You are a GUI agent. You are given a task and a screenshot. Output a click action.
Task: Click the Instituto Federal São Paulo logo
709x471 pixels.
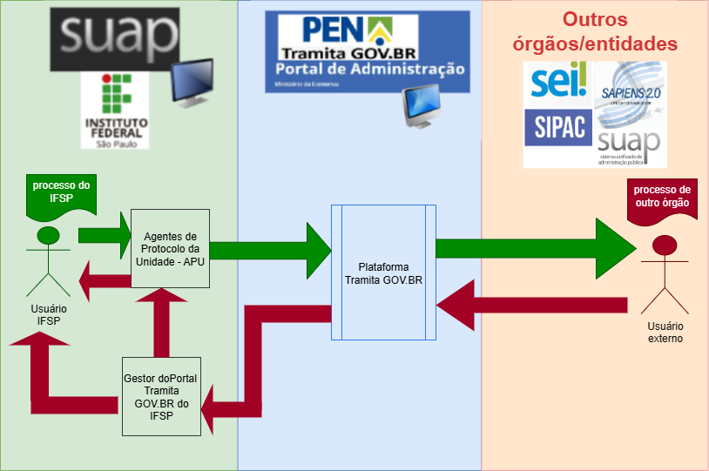pyautogui.click(x=115, y=111)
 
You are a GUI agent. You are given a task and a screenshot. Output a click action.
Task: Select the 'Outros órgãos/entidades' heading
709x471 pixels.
pyautogui.click(x=619, y=31)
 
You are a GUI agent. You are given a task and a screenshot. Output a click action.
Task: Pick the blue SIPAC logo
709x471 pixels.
pyautogui.click(x=558, y=129)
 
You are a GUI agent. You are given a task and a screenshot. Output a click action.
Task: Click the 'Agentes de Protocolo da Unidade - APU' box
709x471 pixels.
pyautogui.click(x=171, y=249)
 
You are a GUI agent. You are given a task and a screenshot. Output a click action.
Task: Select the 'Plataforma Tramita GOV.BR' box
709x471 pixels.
pyautogui.click(x=383, y=273)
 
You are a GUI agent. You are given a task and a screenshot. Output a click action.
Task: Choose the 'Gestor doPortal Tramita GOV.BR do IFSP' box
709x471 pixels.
pyautogui.click(x=161, y=396)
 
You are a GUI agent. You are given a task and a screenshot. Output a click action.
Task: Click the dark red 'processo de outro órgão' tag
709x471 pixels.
pyautogui.click(x=661, y=198)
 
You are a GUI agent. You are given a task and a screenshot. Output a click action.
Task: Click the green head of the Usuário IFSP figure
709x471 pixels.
pyautogui.click(x=49, y=234)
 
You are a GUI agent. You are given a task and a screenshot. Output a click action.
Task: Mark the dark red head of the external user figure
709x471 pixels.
pyautogui.click(x=665, y=246)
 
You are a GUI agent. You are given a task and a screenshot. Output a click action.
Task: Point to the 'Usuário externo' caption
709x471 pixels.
pyautogui.click(x=665, y=332)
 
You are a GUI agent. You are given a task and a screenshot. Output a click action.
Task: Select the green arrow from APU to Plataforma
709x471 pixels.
pyautogui.click(x=270, y=251)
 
